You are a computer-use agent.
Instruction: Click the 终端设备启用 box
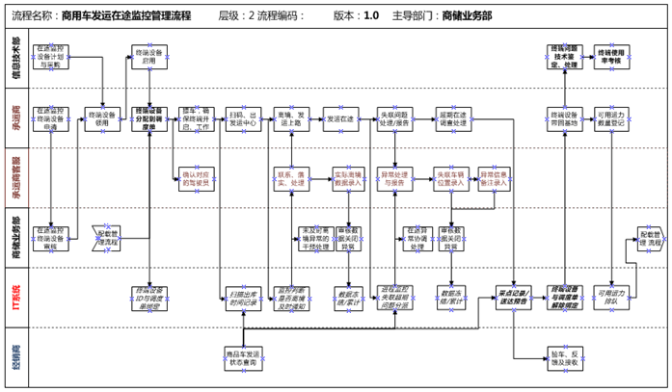pos(148,56)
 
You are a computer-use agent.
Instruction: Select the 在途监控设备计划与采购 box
pos(52,56)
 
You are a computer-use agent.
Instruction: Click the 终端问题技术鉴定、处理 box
pos(563,56)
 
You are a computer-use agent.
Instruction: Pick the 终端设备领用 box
pos(101,118)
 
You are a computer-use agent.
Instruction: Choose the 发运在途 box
pos(340,118)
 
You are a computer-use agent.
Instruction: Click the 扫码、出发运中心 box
pos(244,118)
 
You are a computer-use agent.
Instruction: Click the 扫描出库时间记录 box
pos(244,296)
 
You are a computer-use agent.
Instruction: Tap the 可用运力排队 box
pos(611,296)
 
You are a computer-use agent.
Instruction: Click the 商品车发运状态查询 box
pos(244,353)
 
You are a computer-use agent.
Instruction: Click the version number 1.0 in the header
pos(371,16)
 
